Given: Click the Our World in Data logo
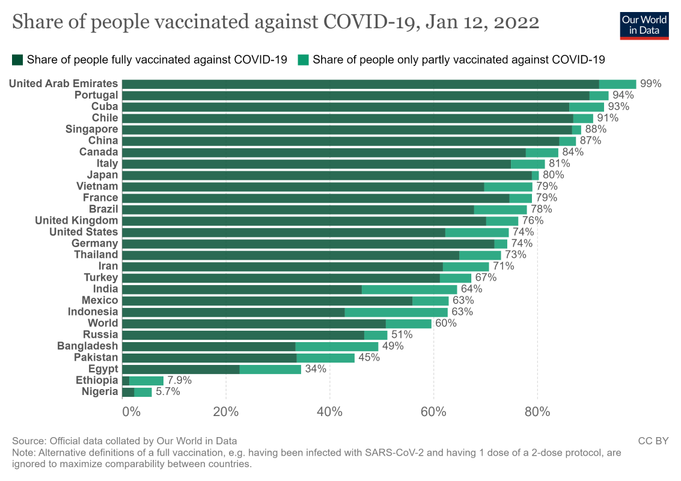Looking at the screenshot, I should pyautogui.click(x=644, y=25).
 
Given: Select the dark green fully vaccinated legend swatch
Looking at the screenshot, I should pyautogui.click(x=17, y=60).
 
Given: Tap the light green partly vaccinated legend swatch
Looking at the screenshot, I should pyautogui.click(x=303, y=60).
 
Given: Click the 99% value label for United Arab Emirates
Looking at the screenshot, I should pyautogui.click(x=650, y=84).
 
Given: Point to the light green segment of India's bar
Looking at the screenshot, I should pyautogui.click(x=409, y=289).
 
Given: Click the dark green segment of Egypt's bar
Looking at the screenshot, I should pyautogui.click(x=180, y=369).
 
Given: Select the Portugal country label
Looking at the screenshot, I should pyautogui.click(x=96, y=95).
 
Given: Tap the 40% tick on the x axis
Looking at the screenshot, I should pyautogui.click(x=329, y=412).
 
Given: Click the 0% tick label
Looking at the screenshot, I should pyautogui.click(x=130, y=412).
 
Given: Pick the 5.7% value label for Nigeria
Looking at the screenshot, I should pyautogui.click(x=168, y=392).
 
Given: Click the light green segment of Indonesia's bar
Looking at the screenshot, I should pyautogui.click(x=396, y=312).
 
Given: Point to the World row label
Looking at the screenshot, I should pyautogui.click(x=103, y=323).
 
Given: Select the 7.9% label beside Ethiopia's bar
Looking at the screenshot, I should pyautogui.click(x=179, y=381).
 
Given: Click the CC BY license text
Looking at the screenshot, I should pyautogui.click(x=653, y=441).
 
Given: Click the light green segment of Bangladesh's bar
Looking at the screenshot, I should pyautogui.click(x=337, y=346).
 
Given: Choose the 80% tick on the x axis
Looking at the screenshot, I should pyautogui.click(x=537, y=412).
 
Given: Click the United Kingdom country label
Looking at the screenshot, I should pyautogui.click(x=76, y=221).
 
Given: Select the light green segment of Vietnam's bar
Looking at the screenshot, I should pyautogui.click(x=508, y=186).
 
